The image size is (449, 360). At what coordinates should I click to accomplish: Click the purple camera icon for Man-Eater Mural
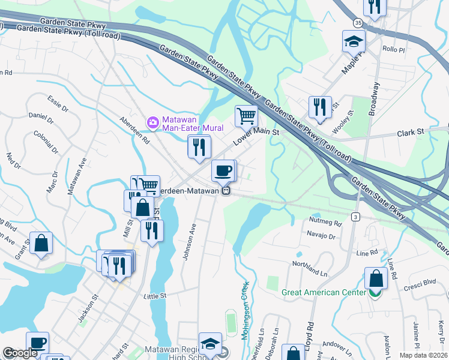(153, 123)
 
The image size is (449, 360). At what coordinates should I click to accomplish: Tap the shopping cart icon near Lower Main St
(246, 115)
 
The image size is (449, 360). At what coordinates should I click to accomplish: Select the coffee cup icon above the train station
(223, 170)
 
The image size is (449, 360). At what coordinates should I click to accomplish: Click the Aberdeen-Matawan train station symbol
(226, 191)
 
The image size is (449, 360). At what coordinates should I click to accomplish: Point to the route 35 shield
(358, 23)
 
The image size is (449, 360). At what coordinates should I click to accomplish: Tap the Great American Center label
(324, 293)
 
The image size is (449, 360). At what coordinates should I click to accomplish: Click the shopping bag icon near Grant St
(40, 243)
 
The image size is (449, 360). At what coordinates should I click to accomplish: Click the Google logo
(20, 353)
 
